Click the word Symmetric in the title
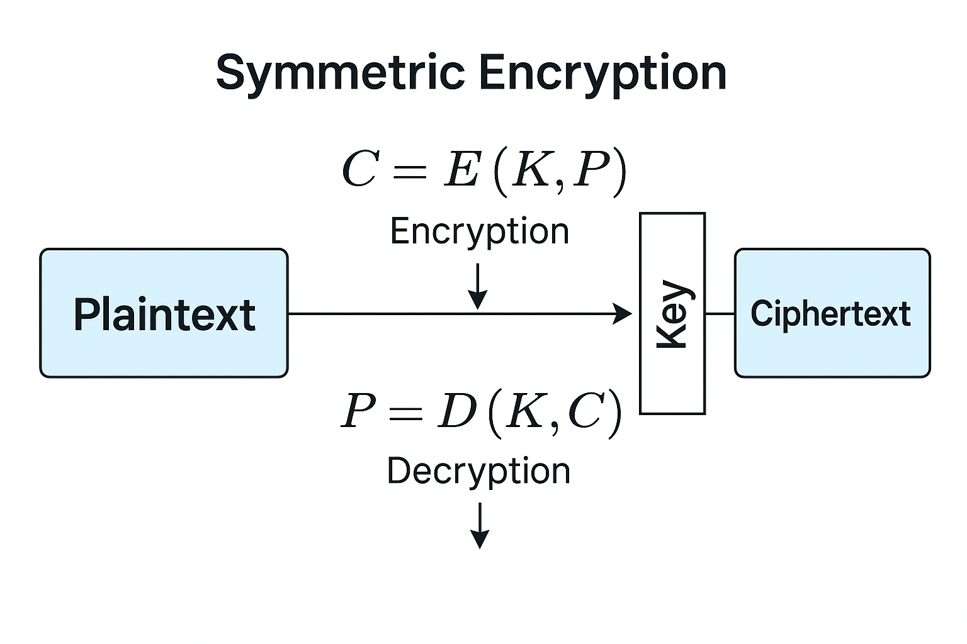click(340, 74)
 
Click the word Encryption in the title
click(602, 74)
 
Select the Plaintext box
click(164, 313)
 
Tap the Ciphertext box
click(832, 313)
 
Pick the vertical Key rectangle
click(672, 313)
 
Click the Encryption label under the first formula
click(480, 231)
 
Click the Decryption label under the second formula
click(478, 471)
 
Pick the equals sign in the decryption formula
click(405, 413)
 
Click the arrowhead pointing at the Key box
click(623, 313)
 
